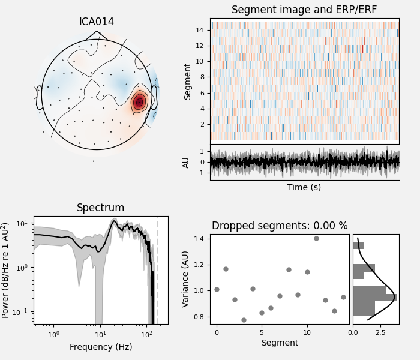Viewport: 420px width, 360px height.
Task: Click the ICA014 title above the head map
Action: (x=97, y=22)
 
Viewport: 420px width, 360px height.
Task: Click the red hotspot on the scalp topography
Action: (x=139, y=102)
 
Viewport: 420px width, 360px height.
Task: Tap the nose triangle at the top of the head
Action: (x=97, y=35)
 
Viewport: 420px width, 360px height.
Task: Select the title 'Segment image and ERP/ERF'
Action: (x=304, y=10)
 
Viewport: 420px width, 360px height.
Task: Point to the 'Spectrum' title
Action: (x=101, y=208)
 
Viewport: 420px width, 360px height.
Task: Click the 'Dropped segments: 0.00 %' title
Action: (x=280, y=226)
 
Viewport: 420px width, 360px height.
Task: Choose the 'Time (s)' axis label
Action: (x=304, y=187)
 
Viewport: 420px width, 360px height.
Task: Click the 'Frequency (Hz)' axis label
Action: (x=101, y=347)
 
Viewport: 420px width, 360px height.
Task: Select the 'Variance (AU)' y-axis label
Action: (x=186, y=279)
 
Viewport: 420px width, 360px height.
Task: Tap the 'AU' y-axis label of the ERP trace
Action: (x=186, y=162)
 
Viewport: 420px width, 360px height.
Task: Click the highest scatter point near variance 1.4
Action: (x=316, y=238)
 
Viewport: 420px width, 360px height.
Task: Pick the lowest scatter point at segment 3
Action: (x=244, y=320)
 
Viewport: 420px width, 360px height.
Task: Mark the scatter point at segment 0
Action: (x=217, y=289)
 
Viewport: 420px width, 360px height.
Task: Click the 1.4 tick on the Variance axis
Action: (x=202, y=239)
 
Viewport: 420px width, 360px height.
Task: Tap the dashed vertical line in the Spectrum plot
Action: (x=157, y=270)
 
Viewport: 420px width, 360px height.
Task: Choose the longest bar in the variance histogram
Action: (x=374, y=298)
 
